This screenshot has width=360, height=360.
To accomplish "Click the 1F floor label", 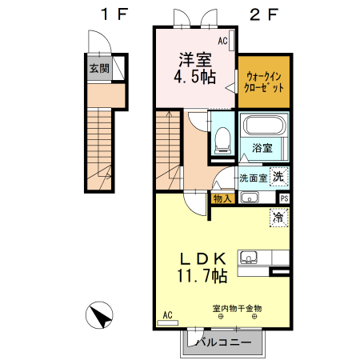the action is point(114,14).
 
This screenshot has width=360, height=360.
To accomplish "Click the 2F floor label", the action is point(264,14).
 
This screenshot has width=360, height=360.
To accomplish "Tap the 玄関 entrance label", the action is point(99,68).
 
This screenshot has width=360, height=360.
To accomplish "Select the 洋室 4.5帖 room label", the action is point(195,68).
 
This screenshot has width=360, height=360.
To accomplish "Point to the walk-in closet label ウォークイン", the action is point(264,77).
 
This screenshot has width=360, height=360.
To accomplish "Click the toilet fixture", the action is point(222,140).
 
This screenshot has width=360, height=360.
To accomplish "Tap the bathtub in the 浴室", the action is point(265,126).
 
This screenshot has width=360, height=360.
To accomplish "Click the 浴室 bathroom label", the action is point(262,148).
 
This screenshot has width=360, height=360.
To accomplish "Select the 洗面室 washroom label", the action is point(253,178).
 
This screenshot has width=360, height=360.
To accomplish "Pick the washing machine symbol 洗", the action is point(279,176).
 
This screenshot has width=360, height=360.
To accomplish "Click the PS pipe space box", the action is point(284,198).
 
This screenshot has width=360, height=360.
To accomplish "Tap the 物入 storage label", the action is point(222,198).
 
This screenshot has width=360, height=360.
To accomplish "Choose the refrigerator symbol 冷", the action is point(279,218).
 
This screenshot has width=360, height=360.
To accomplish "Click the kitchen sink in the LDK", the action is point(248,258).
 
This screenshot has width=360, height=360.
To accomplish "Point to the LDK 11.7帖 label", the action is point(203,267).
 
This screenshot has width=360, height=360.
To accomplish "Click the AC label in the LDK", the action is point(168,315).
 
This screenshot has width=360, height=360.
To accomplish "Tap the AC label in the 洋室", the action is point(222,41).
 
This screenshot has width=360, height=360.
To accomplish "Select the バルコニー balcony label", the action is point(224,342).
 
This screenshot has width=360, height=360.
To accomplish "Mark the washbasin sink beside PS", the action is point(250,198).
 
